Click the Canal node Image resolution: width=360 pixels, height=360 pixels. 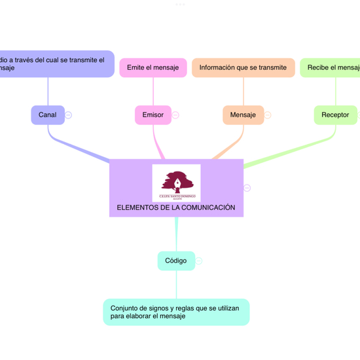click(48, 115)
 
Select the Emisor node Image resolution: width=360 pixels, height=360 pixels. click(153, 115)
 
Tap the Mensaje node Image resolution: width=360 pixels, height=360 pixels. click(243, 115)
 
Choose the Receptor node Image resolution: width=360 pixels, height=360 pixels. click(335, 115)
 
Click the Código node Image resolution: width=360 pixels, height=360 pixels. click(176, 261)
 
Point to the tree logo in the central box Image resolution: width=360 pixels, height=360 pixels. click(176, 183)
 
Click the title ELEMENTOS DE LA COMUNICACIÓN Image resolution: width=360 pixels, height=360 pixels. click(175, 207)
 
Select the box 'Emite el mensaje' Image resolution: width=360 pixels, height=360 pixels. click(153, 67)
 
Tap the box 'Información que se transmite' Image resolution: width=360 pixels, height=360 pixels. click(243, 67)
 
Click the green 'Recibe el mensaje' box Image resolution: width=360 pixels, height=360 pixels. click(331, 67)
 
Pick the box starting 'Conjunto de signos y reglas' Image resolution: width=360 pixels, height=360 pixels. click(176, 312)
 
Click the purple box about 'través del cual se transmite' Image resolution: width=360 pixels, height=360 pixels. click(56, 63)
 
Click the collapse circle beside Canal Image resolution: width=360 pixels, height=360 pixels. click(68, 115)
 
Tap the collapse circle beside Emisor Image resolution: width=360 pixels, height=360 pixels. click(175, 115)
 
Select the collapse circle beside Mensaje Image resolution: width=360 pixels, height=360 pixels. click(268, 115)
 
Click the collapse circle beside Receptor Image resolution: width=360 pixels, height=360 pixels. click(359, 115)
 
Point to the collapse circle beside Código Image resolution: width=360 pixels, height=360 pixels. click(199, 261)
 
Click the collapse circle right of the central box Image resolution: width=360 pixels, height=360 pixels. click(247, 188)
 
